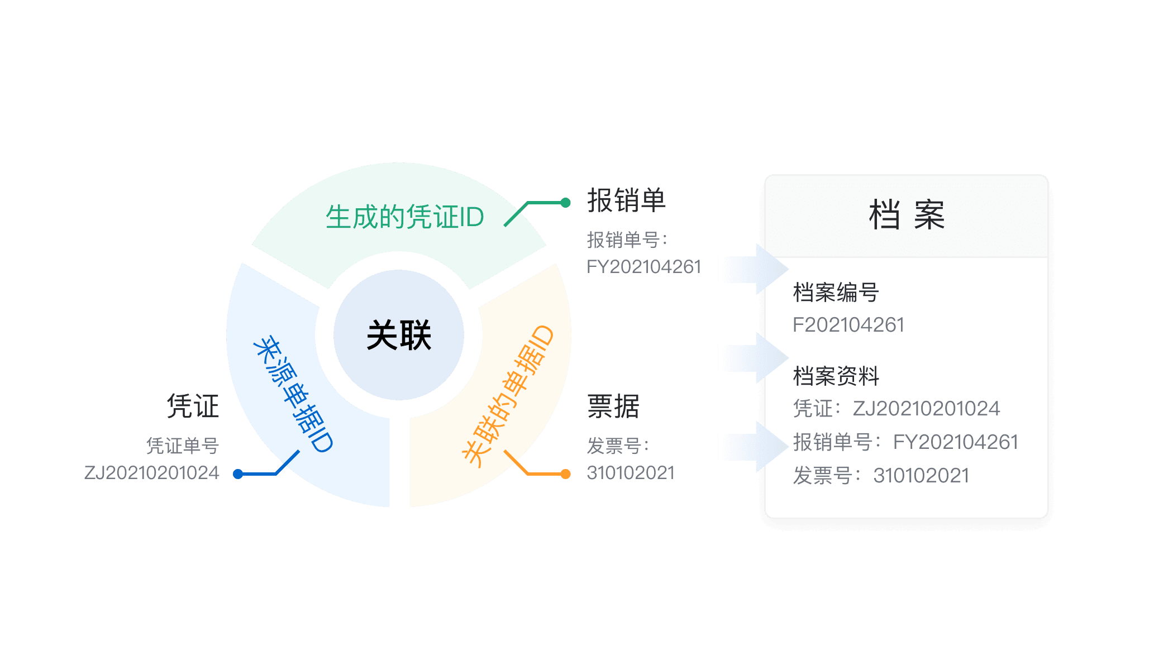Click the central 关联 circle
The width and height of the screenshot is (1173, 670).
399,335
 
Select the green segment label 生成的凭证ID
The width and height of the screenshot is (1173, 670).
405,217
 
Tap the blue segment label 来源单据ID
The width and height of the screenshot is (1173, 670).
293,394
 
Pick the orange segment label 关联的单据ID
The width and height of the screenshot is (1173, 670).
508,395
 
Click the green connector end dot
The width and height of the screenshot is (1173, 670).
565,203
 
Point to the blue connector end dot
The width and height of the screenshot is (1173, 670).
238,474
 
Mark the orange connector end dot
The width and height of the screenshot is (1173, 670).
565,474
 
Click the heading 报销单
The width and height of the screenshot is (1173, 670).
626,200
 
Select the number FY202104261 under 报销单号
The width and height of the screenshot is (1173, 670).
643,267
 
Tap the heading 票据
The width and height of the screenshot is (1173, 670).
613,406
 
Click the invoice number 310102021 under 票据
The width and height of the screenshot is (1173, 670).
631,473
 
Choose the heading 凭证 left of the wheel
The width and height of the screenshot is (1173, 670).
193,406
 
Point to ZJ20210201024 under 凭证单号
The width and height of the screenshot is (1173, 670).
151,473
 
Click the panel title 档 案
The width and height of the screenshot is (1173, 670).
907,215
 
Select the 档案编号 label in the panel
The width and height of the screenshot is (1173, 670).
836,292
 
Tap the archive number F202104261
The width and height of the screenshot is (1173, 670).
848,325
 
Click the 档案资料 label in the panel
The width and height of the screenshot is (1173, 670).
836,376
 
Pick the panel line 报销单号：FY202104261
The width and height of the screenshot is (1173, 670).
905,442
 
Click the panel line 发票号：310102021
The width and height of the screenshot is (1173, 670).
881,476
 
